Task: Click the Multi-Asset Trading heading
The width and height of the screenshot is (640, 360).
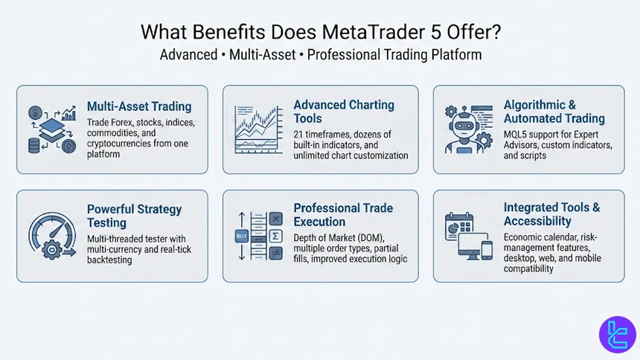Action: (138, 106)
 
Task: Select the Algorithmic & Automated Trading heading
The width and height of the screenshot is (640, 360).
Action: (554, 112)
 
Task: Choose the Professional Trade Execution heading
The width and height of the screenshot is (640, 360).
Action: (342, 214)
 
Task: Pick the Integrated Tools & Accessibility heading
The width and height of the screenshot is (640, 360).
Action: (551, 214)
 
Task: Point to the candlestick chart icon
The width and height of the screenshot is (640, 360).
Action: (256, 128)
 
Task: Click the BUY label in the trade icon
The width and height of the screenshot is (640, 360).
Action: (242, 237)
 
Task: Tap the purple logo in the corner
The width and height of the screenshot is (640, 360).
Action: (617, 333)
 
